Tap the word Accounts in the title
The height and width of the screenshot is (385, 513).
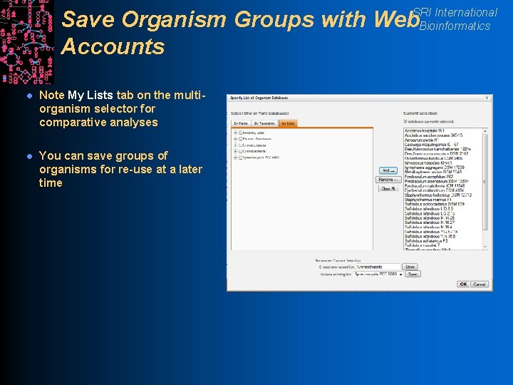click(x=113, y=47)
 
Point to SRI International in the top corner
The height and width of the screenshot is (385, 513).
click(x=455, y=12)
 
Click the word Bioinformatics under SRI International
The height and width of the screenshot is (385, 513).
click(x=455, y=26)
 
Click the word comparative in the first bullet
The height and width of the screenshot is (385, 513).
click(x=74, y=123)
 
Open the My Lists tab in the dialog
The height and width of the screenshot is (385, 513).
click(x=287, y=123)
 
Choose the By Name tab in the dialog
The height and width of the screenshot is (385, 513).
click(x=241, y=123)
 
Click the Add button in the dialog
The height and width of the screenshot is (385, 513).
click(x=388, y=170)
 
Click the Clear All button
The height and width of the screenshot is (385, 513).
click(x=388, y=189)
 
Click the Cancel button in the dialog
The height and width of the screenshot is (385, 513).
click(x=480, y=284)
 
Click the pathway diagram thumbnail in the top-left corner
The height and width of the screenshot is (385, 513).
click(x=26, y=41)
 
